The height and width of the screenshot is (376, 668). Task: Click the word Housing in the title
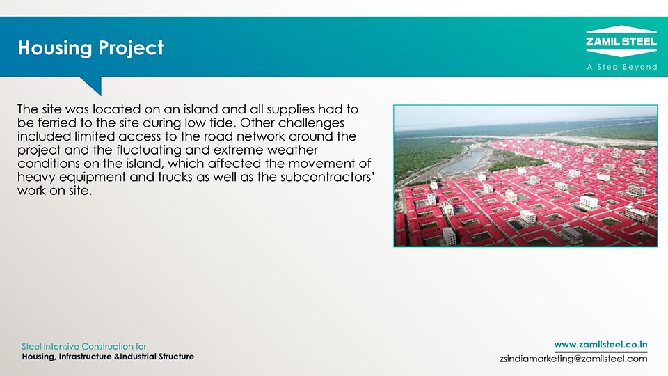click(x=54, y=48)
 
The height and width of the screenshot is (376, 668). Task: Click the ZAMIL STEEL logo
click(x=621, y=41)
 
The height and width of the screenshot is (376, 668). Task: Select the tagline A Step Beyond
click(x=622, y=67)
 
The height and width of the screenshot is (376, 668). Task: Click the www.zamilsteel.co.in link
click(x=601, y=345)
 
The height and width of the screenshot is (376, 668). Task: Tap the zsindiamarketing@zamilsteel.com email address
click(x=573, y=359)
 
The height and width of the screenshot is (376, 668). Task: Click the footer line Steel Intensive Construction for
click(x=84, y=346)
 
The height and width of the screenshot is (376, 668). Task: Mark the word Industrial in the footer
click(x=138, y=357)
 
